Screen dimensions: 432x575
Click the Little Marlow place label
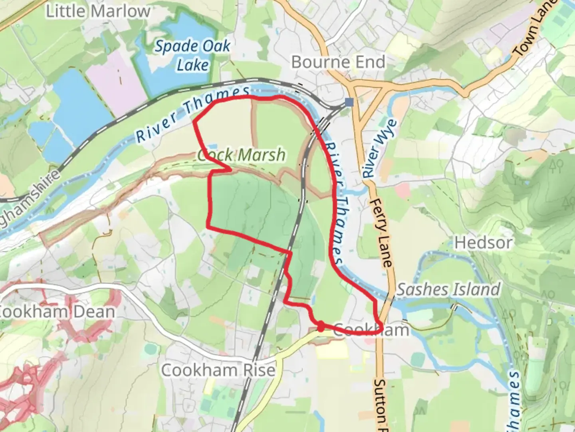click(98, 11)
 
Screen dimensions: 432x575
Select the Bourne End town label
click(338, 62)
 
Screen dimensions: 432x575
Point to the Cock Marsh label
click(242, 155)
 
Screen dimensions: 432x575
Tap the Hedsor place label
click(484, 242)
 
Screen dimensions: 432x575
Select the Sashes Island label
click(448, 289)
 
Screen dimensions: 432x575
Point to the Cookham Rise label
click(218, 370)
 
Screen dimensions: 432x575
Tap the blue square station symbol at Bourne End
click(349, 102)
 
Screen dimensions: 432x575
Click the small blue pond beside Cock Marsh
click(212, 147)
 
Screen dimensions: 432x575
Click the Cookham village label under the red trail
click(371, 330)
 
